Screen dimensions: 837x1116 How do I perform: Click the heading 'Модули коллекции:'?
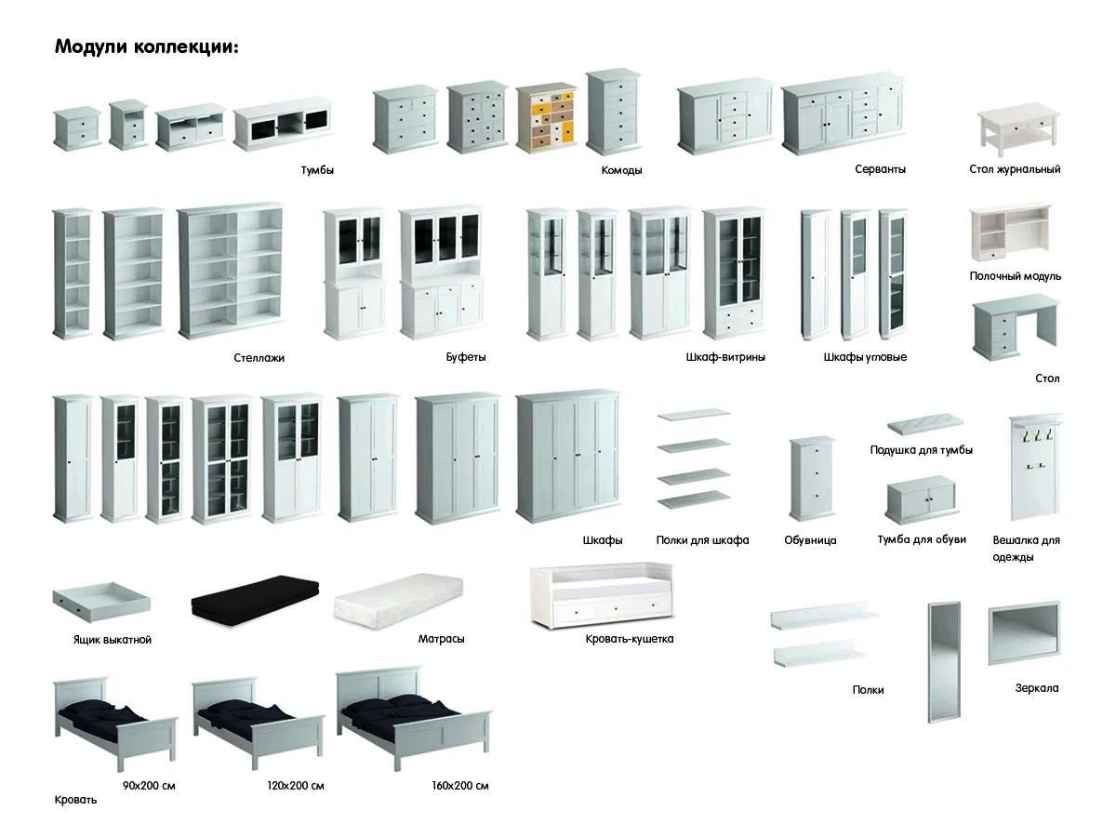pos(146,46)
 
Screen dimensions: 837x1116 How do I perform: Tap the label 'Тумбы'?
pos(317,170)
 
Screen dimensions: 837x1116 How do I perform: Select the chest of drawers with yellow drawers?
pos(546,117)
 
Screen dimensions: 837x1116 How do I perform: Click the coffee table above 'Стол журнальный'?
pos(1017,128)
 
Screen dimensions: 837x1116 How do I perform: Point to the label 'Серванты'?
pos(880,169)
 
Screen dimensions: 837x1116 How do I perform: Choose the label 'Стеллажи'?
pos(259,358)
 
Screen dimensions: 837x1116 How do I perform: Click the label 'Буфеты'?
pos(466,357)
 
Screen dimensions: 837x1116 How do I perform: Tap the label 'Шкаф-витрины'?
pos(725,357)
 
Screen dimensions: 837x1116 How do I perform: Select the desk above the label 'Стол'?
pos(1016,328)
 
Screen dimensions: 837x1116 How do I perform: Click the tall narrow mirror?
pos(943,661)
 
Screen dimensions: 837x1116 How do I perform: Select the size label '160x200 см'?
pos(459,786)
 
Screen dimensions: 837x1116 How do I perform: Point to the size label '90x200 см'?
pos(149,786)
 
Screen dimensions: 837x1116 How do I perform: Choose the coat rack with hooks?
pos(1035,467)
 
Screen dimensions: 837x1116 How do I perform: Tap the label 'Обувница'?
pos(810,540)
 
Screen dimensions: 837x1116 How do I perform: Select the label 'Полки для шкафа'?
pos(702,540)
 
